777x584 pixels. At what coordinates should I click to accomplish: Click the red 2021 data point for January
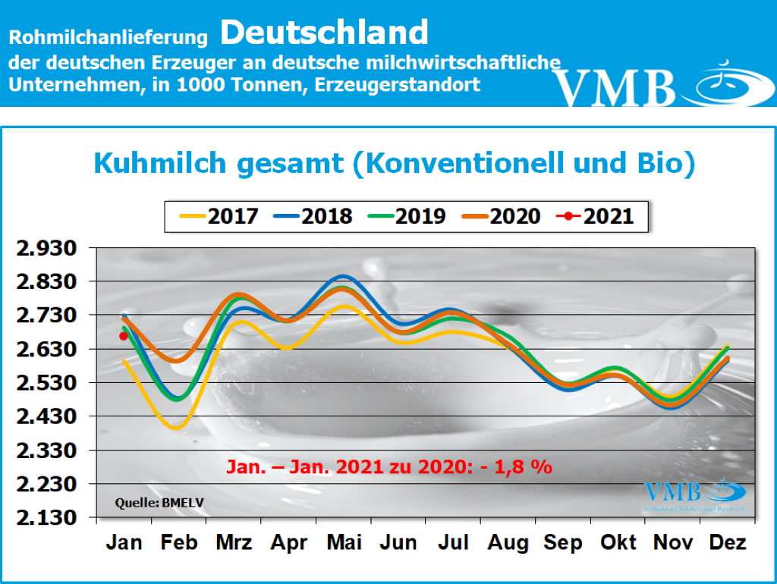click(x=124, y=336)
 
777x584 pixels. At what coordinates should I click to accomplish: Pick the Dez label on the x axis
click(x=727, y=542)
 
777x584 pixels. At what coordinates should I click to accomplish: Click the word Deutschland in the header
click(x=326, y=33)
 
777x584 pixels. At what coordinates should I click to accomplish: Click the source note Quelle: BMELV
click(x=159, y=502)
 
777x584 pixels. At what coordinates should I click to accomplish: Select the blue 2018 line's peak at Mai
click(x=343, y=276)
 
